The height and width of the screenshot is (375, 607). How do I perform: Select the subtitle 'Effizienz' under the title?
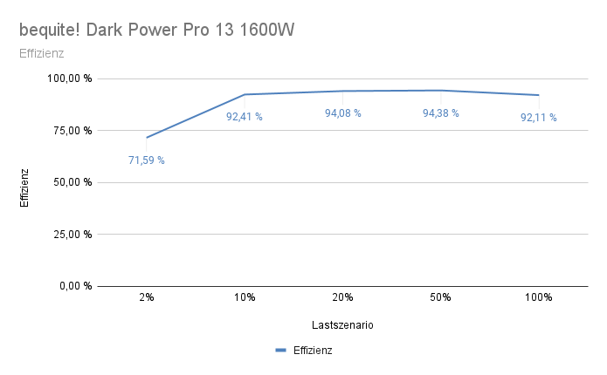click(41, 54)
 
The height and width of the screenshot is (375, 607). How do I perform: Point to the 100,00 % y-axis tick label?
click(68, 78)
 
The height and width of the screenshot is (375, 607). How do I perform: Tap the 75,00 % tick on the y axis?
click(71, 131)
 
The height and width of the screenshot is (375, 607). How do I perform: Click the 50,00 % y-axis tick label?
click(71, 182)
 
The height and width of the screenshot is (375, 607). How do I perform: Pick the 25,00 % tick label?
click(71, 234)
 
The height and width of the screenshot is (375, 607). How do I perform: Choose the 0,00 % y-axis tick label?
click(73, 286)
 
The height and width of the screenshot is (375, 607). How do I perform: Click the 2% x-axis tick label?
click(147, 297)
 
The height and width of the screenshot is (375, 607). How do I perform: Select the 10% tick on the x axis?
click(245, 297)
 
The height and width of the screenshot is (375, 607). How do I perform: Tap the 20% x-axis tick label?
click(342, 297)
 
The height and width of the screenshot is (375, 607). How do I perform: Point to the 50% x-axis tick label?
click(440, 297)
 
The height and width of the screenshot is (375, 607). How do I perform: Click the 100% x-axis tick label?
click(539, 297)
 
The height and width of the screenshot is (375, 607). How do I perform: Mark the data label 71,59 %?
click(147, 160)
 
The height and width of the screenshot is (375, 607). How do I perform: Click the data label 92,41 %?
click(245, 117)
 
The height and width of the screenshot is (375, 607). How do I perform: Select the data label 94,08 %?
click(342, 113)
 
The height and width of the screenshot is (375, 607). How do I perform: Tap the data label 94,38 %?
click(440, 112)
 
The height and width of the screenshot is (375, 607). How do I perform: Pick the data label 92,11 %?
click(539, 118)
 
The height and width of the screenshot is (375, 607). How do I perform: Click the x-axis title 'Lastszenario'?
click(342, 325)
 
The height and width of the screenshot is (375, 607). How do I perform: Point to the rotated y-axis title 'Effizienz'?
click(25, 187)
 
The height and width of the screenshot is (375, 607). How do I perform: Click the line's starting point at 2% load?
click(147, 137)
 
